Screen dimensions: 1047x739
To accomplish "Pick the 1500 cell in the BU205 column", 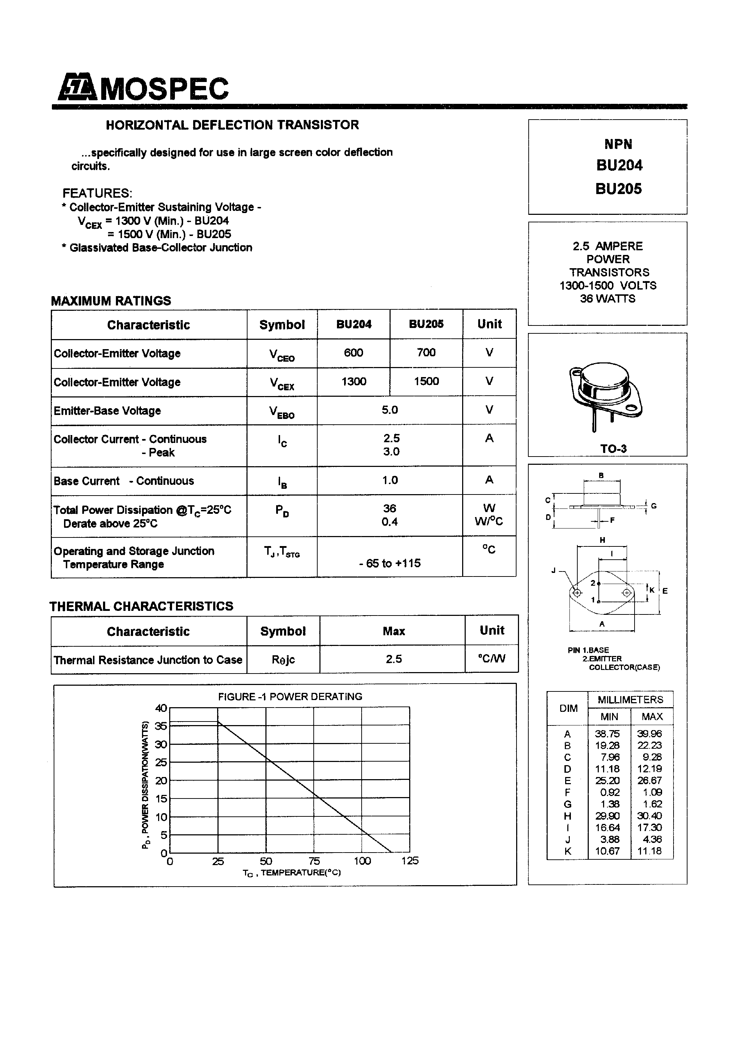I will point(426,381).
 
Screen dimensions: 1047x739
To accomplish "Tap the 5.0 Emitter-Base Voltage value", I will point(390,410).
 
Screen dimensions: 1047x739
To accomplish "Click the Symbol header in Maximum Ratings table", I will point(282,325).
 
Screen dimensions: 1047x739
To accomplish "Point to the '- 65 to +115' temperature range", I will point(390,563).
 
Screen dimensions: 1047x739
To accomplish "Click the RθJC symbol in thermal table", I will point(283,660).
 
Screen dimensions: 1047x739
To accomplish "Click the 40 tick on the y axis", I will point(161,708).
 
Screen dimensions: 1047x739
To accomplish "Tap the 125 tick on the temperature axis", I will point(410,861).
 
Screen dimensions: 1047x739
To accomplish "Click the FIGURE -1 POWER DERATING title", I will point(290,697).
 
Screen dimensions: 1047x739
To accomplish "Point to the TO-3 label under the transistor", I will point(613,449).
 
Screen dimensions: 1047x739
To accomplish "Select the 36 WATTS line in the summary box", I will point(607,299).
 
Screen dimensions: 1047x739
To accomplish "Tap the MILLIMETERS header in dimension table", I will point(630,700).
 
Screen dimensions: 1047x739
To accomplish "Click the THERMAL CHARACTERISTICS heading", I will point(141,606).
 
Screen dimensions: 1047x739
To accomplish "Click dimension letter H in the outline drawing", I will point(602,540).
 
